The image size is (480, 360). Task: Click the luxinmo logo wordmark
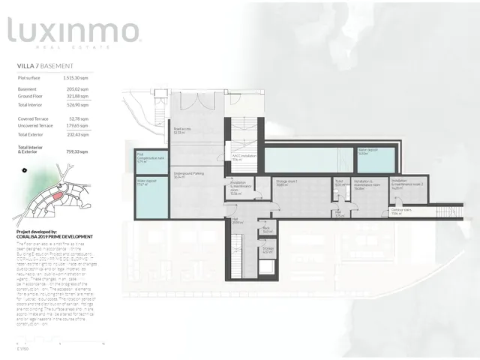(x=73, y=31)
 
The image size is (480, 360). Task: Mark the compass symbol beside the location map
(x=25, y=169)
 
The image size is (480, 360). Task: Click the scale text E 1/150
(x=22, y=349)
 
